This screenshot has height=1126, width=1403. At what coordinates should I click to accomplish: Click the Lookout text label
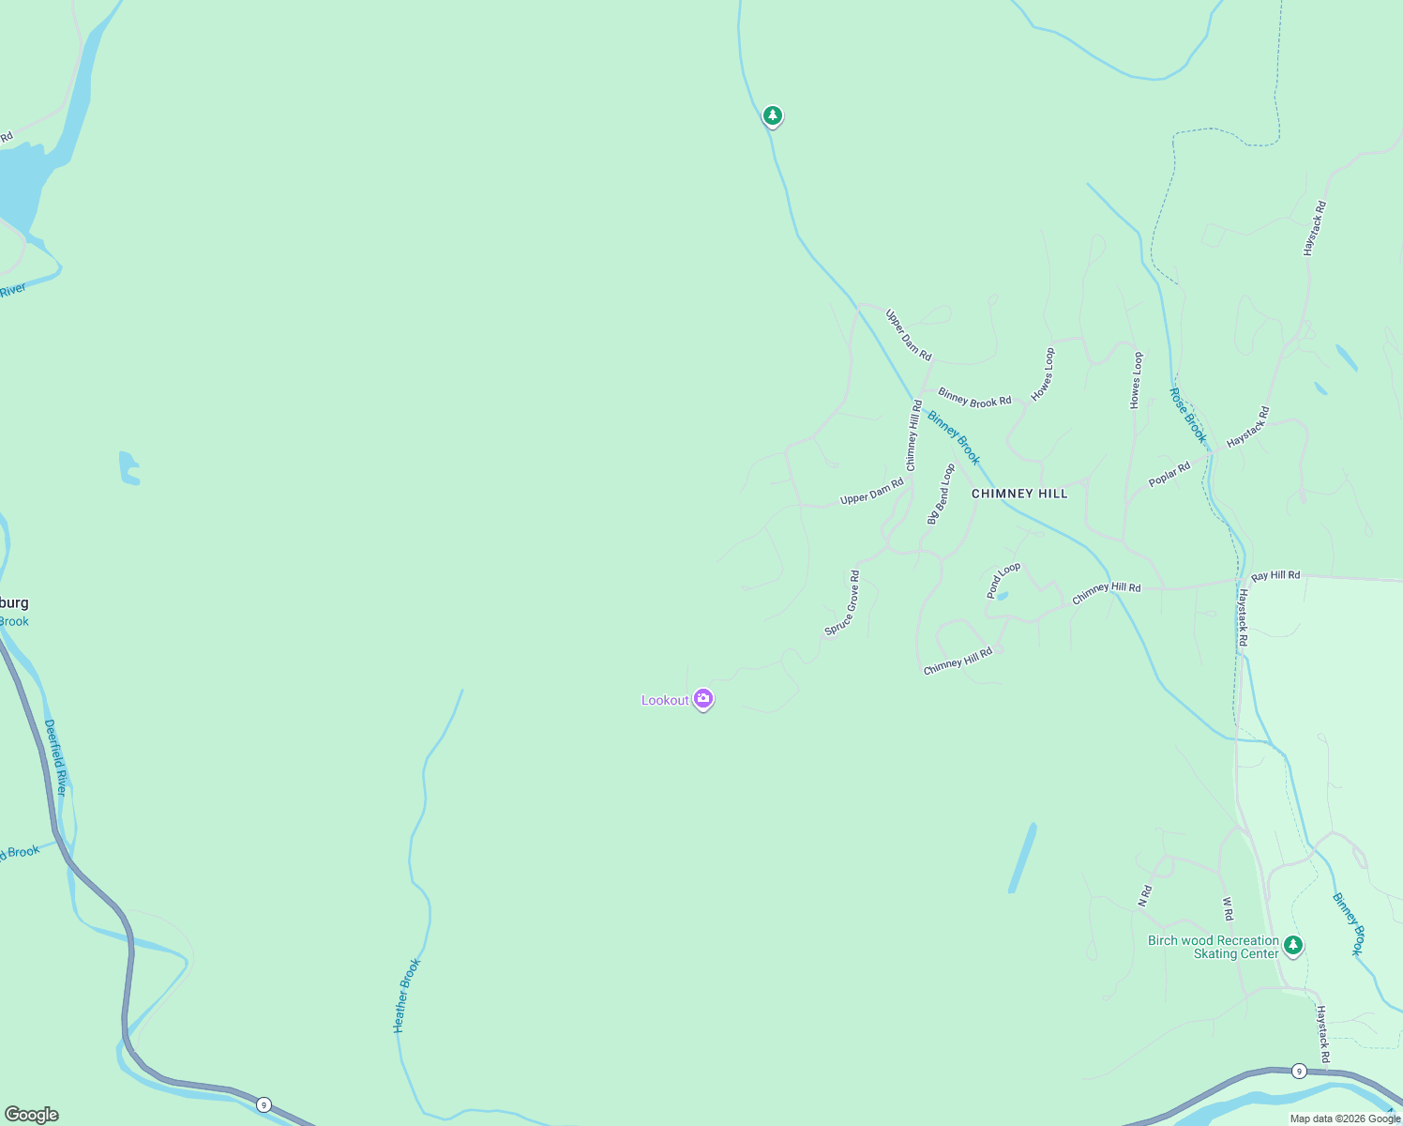665,700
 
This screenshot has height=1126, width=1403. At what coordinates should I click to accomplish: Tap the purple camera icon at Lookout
703,699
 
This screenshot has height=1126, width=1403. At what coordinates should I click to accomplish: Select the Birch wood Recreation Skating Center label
1214,947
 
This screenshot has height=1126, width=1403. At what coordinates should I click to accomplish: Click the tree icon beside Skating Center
1293,945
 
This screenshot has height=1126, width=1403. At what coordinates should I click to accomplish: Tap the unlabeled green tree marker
772,115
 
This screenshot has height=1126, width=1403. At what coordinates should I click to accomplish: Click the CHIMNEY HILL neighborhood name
1019,494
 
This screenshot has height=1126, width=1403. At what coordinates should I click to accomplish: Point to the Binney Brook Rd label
974,398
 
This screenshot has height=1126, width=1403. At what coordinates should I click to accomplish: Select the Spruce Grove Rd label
842,603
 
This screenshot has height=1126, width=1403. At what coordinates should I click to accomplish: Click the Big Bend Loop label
940,495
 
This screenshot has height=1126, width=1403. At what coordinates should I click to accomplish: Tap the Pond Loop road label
1003,581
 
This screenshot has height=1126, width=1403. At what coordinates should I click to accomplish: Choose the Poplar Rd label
1169,475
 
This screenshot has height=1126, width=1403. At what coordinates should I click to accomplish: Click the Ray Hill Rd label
1275,575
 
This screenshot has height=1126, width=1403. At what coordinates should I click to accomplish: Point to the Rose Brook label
1188,415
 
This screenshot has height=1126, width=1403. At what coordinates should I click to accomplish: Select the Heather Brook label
407,996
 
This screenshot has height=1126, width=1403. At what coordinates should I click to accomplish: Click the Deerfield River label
56,758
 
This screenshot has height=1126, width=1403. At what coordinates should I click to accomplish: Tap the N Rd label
1144,896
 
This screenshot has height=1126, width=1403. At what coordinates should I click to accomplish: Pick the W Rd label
1228,908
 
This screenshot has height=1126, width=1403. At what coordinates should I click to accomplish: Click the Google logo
31,1115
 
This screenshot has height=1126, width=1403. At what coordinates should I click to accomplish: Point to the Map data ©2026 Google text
1345,1118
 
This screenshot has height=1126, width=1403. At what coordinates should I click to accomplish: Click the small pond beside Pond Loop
1001,596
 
